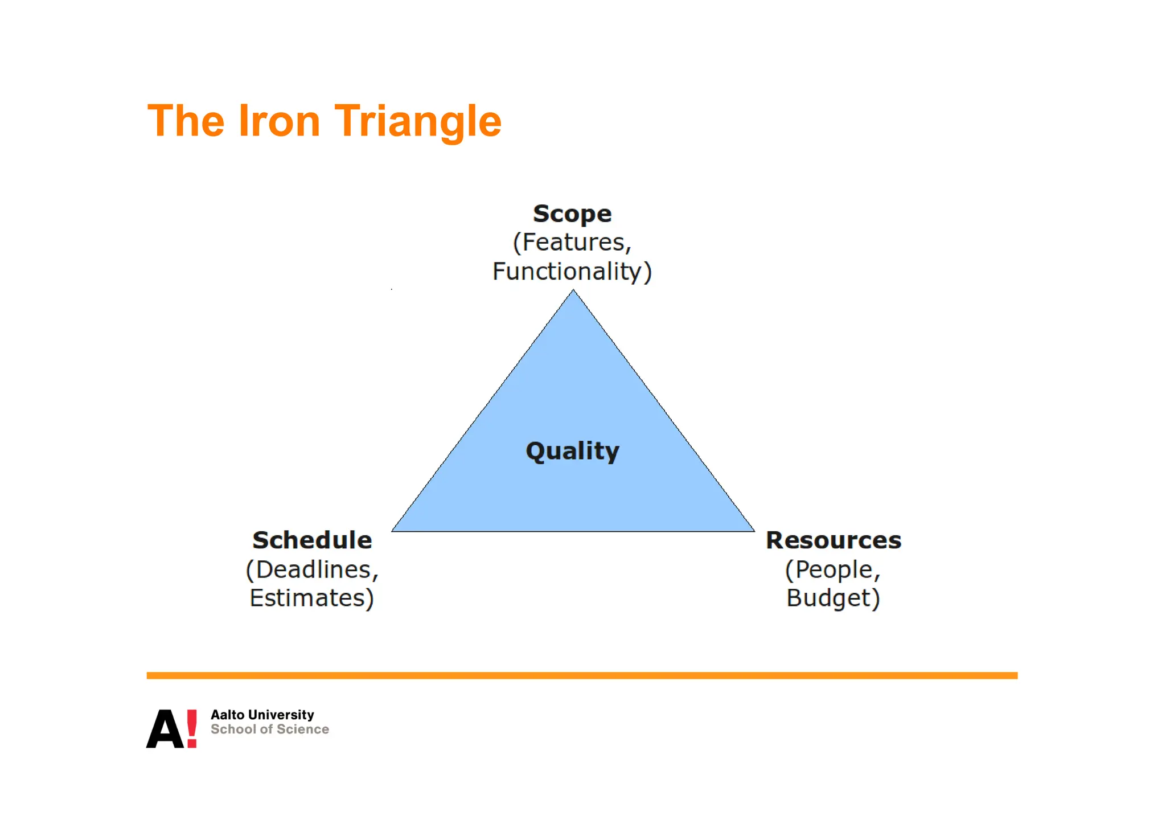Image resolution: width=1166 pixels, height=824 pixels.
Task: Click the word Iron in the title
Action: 279,121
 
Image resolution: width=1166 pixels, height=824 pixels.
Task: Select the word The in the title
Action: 186,121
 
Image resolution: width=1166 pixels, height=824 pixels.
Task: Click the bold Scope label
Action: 572,214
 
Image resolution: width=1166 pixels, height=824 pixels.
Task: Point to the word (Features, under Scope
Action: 572,243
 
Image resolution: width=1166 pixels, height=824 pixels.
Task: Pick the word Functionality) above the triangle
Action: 572,272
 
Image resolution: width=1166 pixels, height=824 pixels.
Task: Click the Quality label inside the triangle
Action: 572,451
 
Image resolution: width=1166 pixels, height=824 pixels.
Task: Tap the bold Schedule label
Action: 312,540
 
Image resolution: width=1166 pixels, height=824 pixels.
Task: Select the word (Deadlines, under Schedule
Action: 312,569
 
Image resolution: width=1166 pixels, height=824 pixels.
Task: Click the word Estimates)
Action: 312,598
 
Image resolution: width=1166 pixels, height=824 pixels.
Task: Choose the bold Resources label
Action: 834,540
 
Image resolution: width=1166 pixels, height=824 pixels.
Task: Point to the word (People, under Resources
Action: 833,569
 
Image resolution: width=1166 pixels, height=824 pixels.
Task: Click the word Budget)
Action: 833,598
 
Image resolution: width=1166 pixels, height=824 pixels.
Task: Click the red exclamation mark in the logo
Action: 192,728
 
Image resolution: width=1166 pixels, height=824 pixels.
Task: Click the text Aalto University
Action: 262,715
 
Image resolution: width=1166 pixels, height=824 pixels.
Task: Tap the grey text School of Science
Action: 270,729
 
